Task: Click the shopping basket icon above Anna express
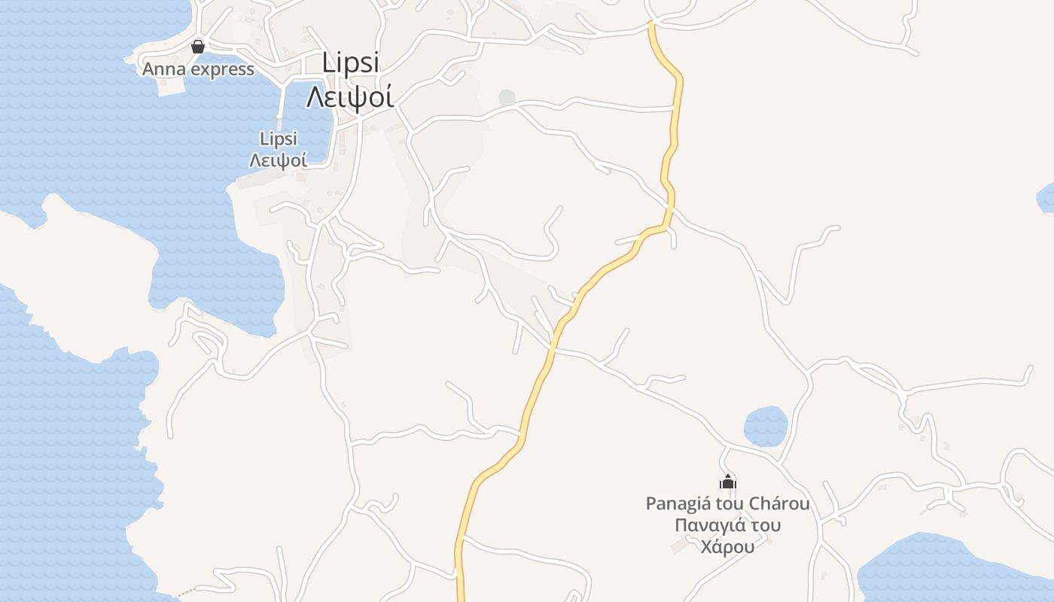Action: (198, 47)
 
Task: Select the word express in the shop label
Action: (221, 70)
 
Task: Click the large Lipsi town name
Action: (351, 63)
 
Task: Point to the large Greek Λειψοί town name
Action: (350, 96)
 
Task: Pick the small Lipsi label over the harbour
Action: (279, 138)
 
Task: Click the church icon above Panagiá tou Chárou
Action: (728, 482)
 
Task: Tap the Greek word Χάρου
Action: (727, 547)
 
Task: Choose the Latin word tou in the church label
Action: (730, 503)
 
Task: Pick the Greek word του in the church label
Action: (765, 525)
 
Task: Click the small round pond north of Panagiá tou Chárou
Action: (766, 427)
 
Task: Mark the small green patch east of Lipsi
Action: (507, 97)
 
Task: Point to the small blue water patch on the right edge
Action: (1046, 197)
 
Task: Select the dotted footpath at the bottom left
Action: (187, 591)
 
